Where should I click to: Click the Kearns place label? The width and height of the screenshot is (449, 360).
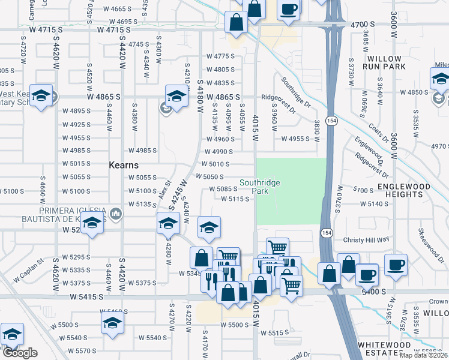tap(124, 165)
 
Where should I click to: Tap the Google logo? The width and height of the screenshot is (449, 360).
tap(20, 353)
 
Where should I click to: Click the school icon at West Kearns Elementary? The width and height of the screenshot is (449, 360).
tap(41, 97)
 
